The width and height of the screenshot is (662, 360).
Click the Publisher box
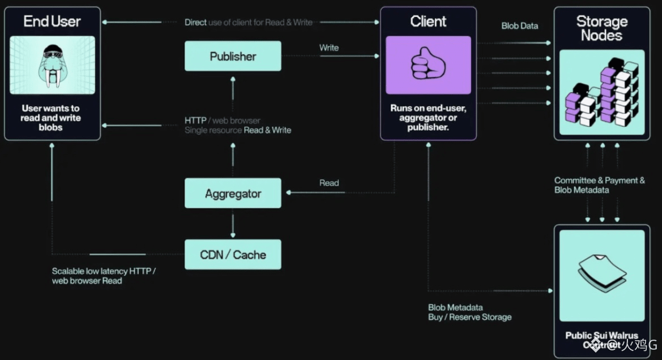[x=233, y=56]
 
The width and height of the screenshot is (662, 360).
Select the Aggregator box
[x=233, y=193]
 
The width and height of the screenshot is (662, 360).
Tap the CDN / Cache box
[x=233, y=254]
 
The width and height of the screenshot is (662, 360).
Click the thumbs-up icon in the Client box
[x=428, y=64]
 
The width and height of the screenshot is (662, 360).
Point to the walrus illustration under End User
[x=52, y=65]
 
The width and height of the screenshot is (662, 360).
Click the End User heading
[x=52, y=22]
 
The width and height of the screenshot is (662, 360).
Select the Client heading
[x=428, y=22]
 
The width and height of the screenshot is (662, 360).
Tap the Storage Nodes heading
[x=601, y=28]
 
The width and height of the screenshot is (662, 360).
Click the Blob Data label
[x=519, y=26]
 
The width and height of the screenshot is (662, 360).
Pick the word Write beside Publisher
[x=329, y=48]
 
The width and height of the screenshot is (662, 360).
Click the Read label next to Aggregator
[x=329, y=183]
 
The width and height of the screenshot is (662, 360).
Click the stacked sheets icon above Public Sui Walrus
[x=601, y=272]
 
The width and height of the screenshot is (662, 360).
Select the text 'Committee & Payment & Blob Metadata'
[x=599, y=185]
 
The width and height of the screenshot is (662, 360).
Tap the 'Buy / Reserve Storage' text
[x=469, y=317]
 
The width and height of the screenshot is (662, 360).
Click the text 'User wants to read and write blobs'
[x=51, y=118]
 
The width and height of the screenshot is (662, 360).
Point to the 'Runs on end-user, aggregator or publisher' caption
[x=428, y=118]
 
